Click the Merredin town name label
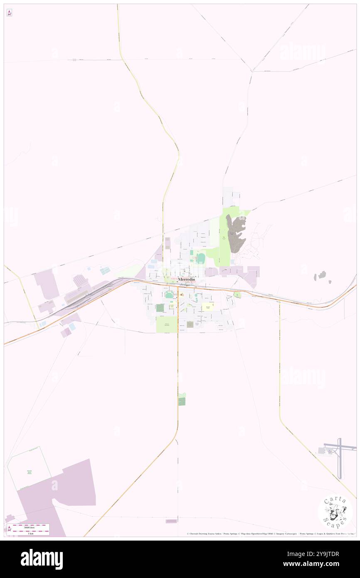point(186,279)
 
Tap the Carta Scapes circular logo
point(335,511)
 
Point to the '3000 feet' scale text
point(28,527)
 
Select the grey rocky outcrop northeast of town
point(236,234)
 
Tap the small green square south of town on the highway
point(182,401)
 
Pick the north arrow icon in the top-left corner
point(9,13)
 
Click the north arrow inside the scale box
point(9,529)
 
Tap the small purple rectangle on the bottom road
point(171,521)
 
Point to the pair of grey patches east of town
point(323,277)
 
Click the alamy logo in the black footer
point(42,559)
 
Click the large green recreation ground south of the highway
point(166,324)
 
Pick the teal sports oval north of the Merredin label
point(201,259)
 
